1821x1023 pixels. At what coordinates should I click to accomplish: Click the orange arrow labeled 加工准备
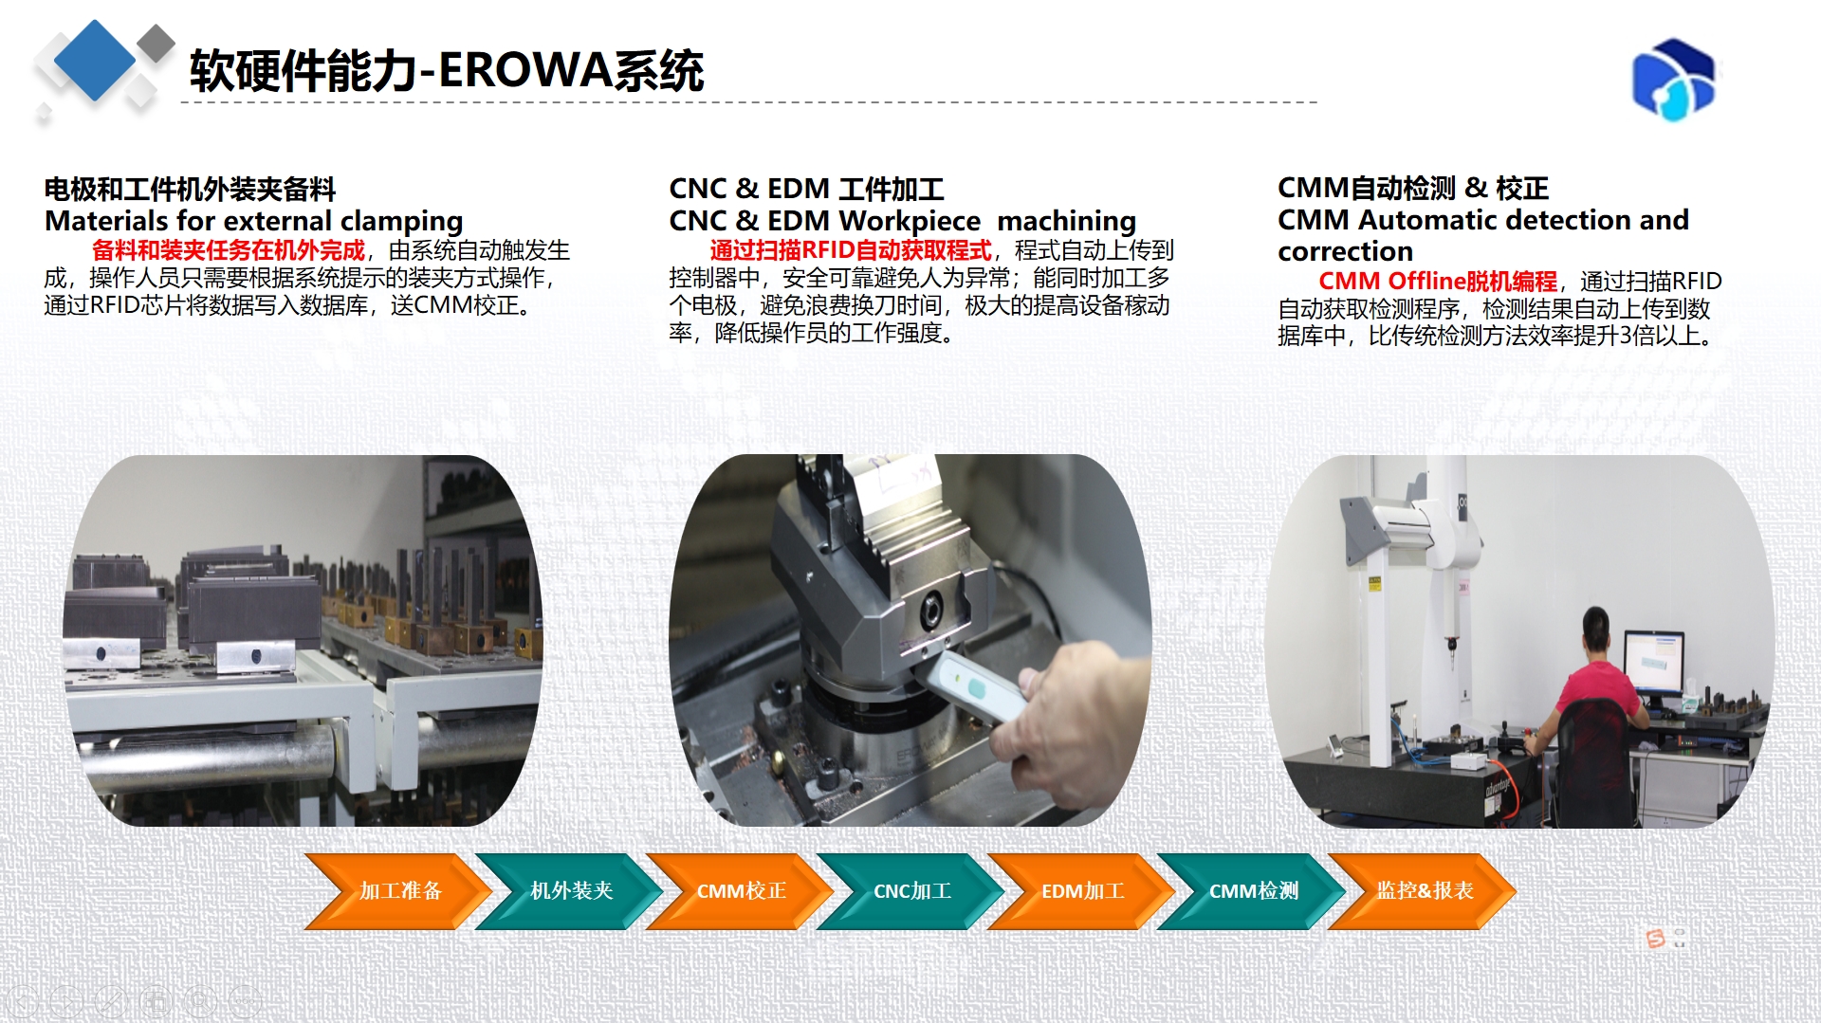pos(398,891)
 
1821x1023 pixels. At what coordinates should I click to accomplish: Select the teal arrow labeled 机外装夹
pos(569,891)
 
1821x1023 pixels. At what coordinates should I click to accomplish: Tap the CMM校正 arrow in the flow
pos(740,891)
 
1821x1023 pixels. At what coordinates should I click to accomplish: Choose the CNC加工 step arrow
pos(910,891)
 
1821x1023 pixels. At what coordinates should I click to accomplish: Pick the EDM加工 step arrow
pos(1081,891)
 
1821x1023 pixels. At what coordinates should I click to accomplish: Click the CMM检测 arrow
pos(1252,891)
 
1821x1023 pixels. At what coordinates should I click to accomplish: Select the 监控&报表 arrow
pos(1423,891)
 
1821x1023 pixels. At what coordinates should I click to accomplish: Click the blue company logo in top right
pos(1673,80)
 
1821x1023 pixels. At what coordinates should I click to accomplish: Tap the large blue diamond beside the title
pos(95,60)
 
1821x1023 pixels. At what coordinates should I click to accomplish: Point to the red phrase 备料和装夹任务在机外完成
pos(228,250)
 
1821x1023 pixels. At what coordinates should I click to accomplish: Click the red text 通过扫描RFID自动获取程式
pos(850,250)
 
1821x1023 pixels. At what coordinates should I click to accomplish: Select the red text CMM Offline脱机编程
pos(1437,282)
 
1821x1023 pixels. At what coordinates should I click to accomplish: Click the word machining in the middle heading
pos(1066,222)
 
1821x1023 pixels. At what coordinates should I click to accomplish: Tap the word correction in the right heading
pos(1345,251)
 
